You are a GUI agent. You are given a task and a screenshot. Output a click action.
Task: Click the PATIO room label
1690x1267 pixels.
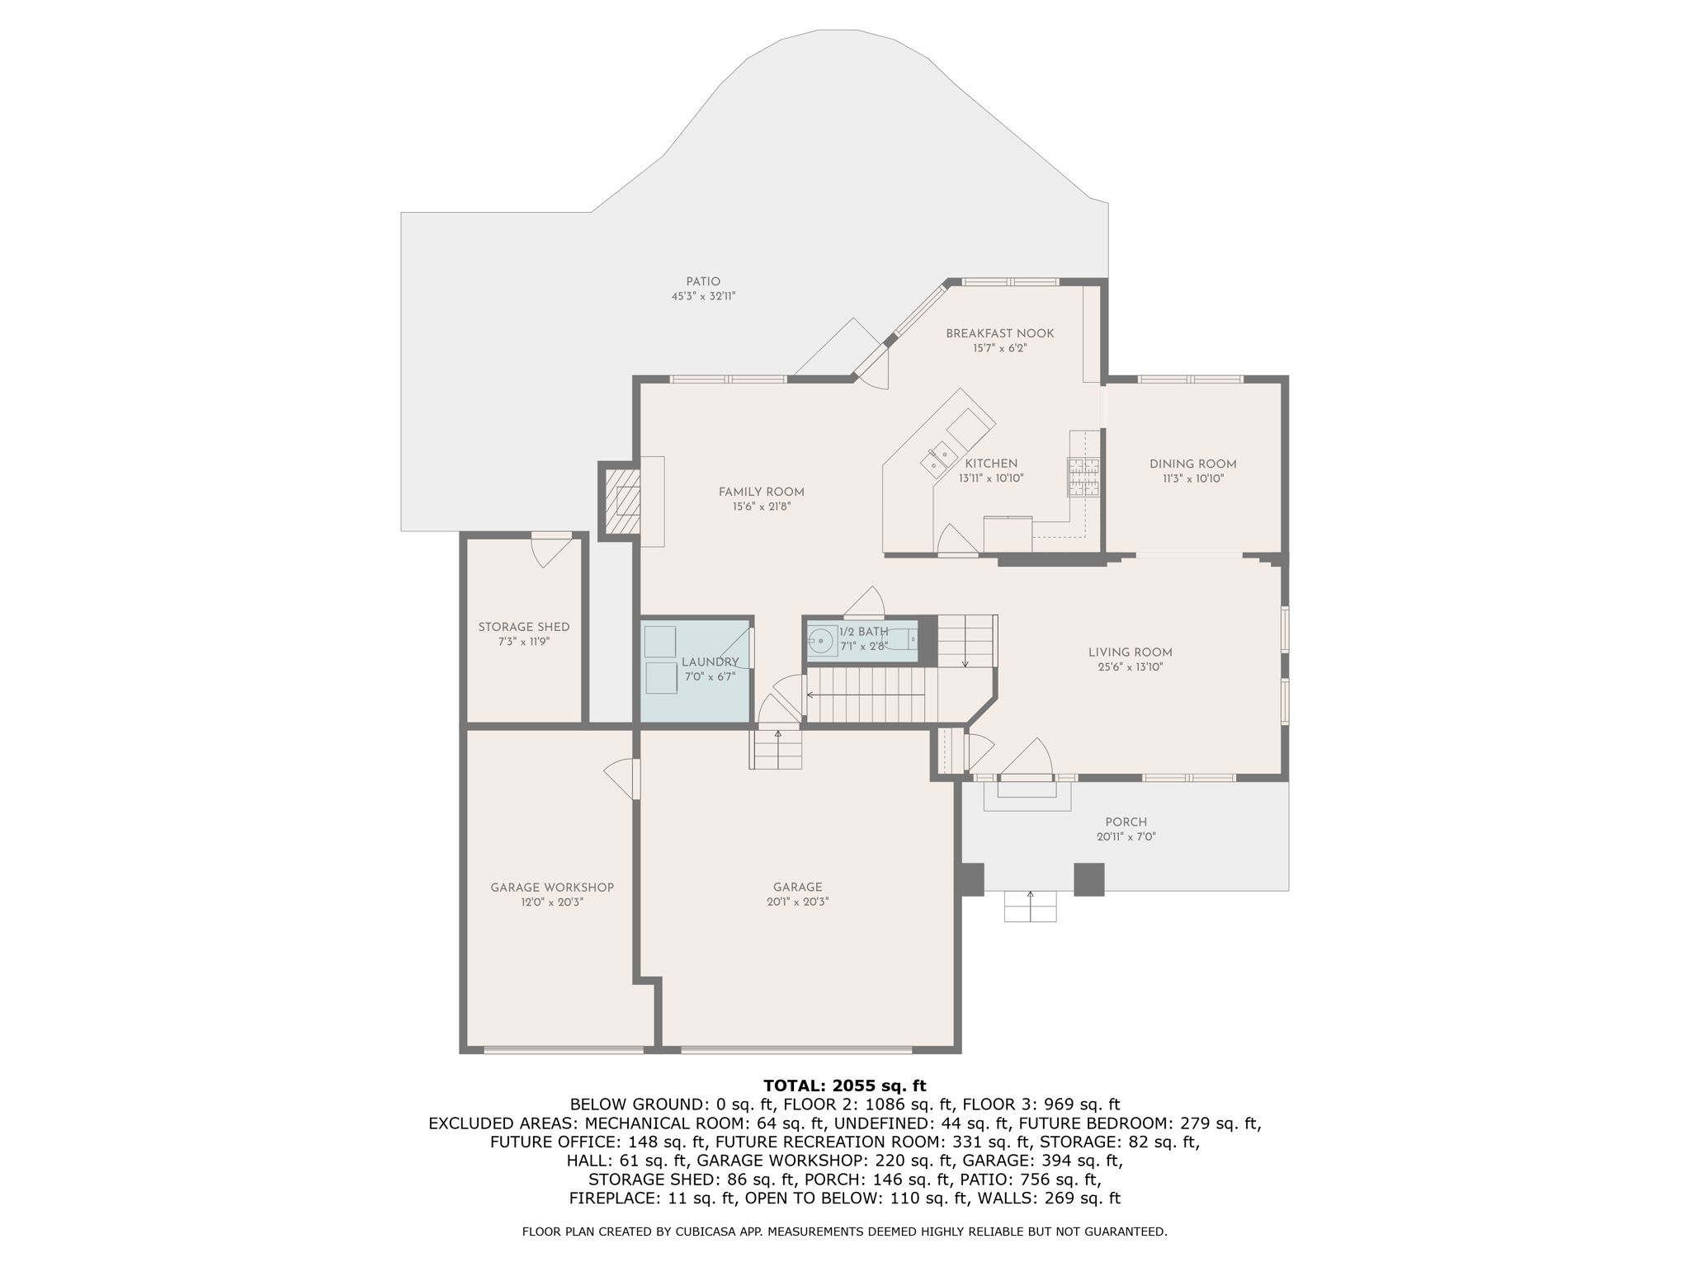(x=703, y=281)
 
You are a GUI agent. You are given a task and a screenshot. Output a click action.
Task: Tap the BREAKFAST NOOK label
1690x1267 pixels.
(x=999, y=333)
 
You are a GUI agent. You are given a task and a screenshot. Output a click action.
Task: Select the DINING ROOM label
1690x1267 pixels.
(x=1192, y=464)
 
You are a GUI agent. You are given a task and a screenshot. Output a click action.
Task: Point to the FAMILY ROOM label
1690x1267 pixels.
(x=761, y=492)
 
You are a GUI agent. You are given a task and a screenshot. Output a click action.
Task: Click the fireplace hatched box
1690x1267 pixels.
(x=622, y=502)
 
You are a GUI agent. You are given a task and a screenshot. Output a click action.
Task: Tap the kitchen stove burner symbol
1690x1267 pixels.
(x=1084, y=477)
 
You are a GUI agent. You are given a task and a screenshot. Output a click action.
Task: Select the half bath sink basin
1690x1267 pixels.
(x=822, y=639)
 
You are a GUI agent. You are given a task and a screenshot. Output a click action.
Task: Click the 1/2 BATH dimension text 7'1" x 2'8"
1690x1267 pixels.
(x=863, y=647)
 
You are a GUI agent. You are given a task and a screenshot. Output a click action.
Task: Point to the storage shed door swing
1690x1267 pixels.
(x=551, y=549)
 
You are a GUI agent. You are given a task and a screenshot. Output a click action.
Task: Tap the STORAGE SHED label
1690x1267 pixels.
(x=524, y=627)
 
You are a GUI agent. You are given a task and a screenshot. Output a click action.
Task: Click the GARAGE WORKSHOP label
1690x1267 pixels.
(x=552, y=888)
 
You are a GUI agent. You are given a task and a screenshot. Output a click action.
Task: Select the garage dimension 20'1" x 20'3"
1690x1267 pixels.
(x=797, y=902)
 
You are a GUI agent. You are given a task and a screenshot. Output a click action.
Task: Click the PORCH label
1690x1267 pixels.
(x=1126, y=822)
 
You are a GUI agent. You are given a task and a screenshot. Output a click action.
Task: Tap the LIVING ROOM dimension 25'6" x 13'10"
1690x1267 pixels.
(x=1130, y=667)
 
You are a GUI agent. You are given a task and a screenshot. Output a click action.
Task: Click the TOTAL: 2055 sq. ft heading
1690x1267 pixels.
(x=845, y=1086)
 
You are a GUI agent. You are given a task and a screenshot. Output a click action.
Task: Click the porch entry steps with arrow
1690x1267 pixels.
(x=1030, y=906)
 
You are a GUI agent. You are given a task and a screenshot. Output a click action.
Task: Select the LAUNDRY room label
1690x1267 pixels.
(x=710, y=662)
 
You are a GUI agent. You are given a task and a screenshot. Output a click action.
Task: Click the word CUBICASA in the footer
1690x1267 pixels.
(x=714, y=1232)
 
